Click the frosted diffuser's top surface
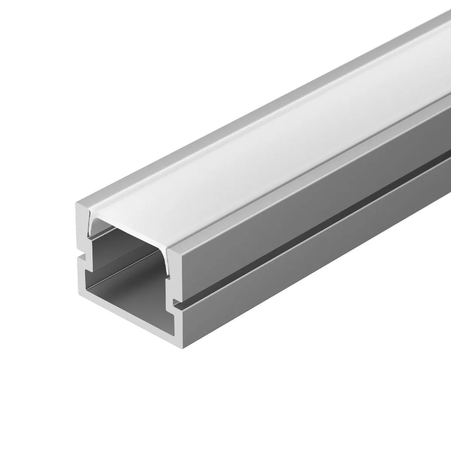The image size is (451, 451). (263, 150)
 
